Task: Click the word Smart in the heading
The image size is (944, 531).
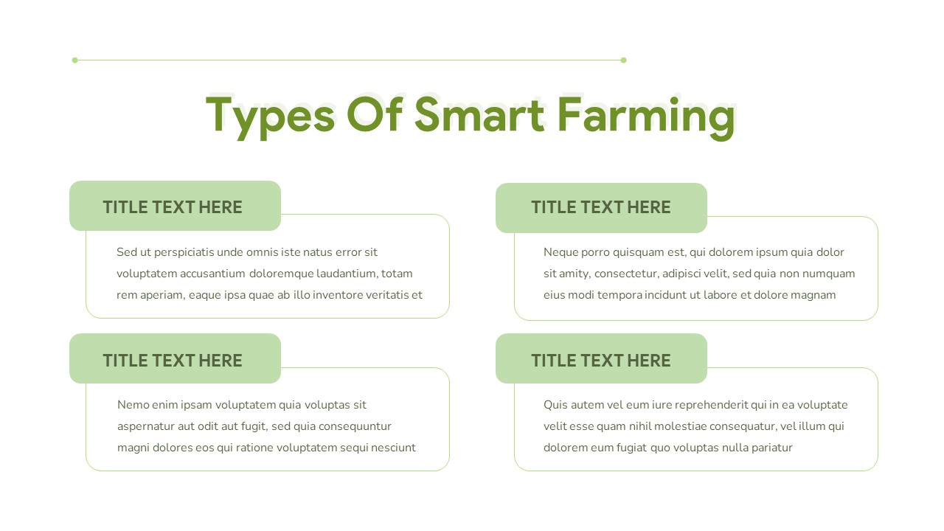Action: pos(479,115)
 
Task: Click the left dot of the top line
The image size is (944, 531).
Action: pos(74,60)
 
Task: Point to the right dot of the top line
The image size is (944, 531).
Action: pos(623,60)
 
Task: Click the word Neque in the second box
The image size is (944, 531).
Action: pos(561,252)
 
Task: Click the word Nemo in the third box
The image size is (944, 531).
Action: pos(133,405)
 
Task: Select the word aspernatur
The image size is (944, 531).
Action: pos(146,426)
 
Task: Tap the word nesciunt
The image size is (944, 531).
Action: pos(391,448)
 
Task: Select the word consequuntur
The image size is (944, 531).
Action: pos(354,426)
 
